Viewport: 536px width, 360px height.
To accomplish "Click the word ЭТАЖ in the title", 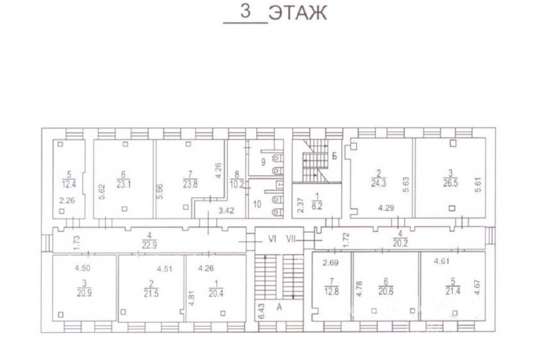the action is [297, 13].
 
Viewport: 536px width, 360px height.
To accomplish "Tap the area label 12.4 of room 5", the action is [68, 184].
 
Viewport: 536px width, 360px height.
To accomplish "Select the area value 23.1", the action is [123, 184].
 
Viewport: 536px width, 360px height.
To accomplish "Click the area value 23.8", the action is [191, 184].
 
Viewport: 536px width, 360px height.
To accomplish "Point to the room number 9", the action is [263, 162].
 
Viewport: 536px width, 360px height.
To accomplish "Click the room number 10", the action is [257, 204].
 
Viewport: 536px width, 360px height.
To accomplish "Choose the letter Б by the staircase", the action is [335, 156].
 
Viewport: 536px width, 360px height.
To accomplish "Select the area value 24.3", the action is [378, 183].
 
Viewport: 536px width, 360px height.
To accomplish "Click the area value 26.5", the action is [451, 183].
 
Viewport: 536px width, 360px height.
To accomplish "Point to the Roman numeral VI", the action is [272, 240].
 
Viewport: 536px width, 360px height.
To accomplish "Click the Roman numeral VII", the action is [291, 240].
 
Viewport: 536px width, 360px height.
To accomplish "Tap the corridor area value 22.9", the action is [149, 245].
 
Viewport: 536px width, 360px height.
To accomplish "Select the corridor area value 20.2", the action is [400, 243].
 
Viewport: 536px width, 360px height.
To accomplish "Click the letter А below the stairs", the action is [279, 308].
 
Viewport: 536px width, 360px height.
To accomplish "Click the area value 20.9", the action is [84, 293].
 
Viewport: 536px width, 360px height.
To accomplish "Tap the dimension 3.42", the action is [226, 210].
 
